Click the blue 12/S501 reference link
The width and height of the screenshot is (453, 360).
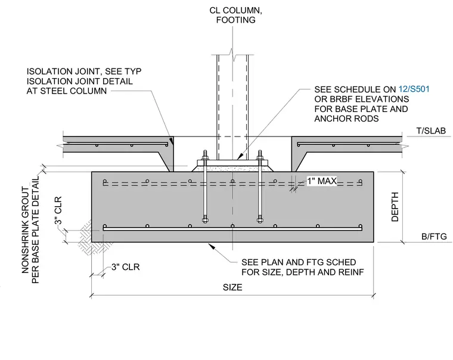point(414,89)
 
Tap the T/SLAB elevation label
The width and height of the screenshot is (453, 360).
point(431,131)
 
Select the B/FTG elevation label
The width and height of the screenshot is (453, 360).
point(434,237)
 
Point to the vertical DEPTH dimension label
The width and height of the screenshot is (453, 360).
point(395,207)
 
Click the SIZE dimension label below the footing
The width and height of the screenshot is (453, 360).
point(232,287)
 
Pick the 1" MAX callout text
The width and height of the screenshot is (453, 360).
point(322,181)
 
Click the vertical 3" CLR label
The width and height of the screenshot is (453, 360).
point(58,210)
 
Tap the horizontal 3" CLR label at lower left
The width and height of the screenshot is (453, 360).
point(126,267)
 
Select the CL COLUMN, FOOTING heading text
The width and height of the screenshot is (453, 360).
point(236,15)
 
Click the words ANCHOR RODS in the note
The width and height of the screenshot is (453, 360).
point(346,119)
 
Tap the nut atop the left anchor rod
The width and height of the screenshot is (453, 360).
point(205,158)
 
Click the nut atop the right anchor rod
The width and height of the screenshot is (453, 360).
point(260,158)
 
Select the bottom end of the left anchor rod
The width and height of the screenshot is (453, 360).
point(205,221)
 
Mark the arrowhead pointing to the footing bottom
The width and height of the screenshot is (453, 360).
point(212,246)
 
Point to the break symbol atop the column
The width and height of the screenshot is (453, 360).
point(232,54)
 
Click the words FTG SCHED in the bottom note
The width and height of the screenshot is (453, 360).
point(330,262)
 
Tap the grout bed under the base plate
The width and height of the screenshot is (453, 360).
point(232,169)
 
